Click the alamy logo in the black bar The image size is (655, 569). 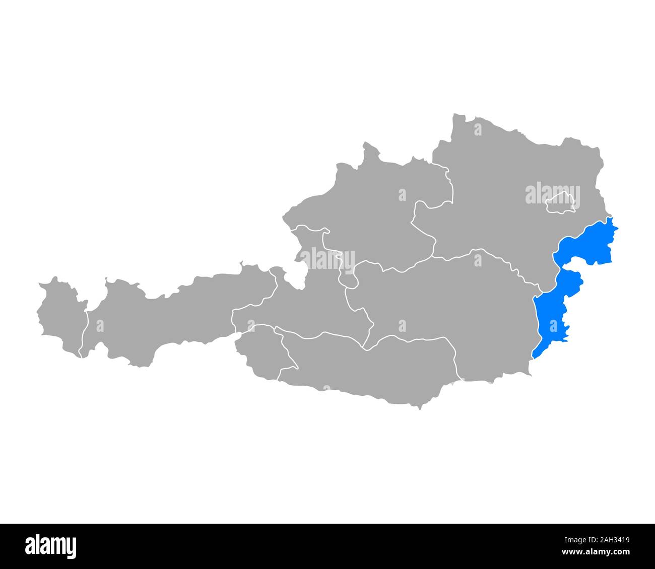pyautogui.click(x=51, y=546)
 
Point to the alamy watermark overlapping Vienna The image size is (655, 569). pyautogui.click(x=552, y=195)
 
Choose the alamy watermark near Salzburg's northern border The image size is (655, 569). pyautogui.click(x=327, y=258)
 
